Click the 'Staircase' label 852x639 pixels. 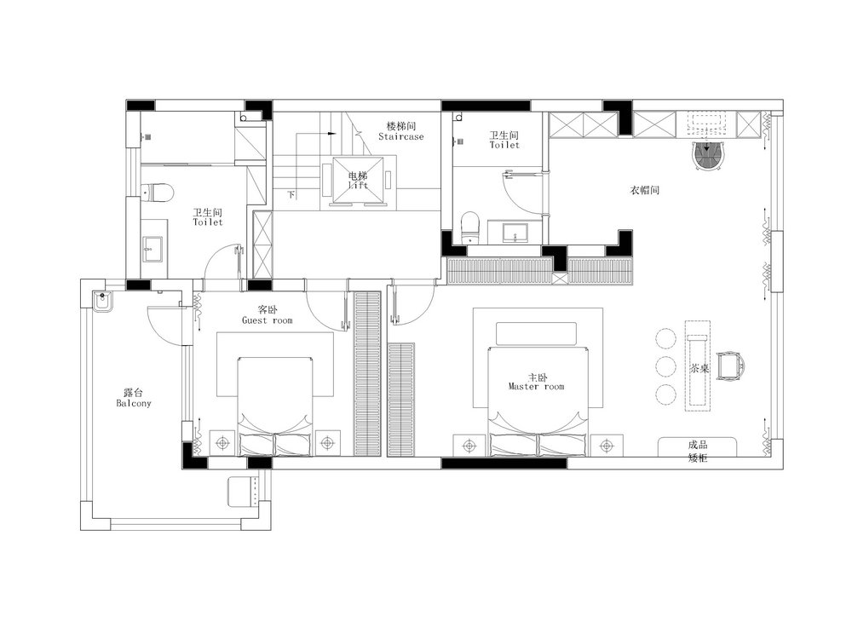tap(401, 137)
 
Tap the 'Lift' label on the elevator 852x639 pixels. tap(358, 185)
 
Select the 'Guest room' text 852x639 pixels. tap(268, 320)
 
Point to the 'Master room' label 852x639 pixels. tap(536, 387)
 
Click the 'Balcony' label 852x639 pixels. tap(134, 403)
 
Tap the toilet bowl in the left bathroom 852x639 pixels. tap(157, 192)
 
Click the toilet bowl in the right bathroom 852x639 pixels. tap(470, 227)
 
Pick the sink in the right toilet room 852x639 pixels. tap(514, 232)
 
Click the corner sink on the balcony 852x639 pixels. tap(102, 301)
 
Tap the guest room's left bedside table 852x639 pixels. tap(222, 443)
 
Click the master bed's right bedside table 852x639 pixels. tap(607, 446)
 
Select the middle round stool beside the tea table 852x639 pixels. tap(665, 366)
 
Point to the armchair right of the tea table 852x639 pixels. tap(731, 366)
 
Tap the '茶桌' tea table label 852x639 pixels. tap(699, 368)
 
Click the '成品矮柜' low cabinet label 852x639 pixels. tap(698, 451)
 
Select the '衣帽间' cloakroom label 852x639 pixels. tap(644, 190)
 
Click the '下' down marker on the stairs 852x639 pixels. tap(291, 194)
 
